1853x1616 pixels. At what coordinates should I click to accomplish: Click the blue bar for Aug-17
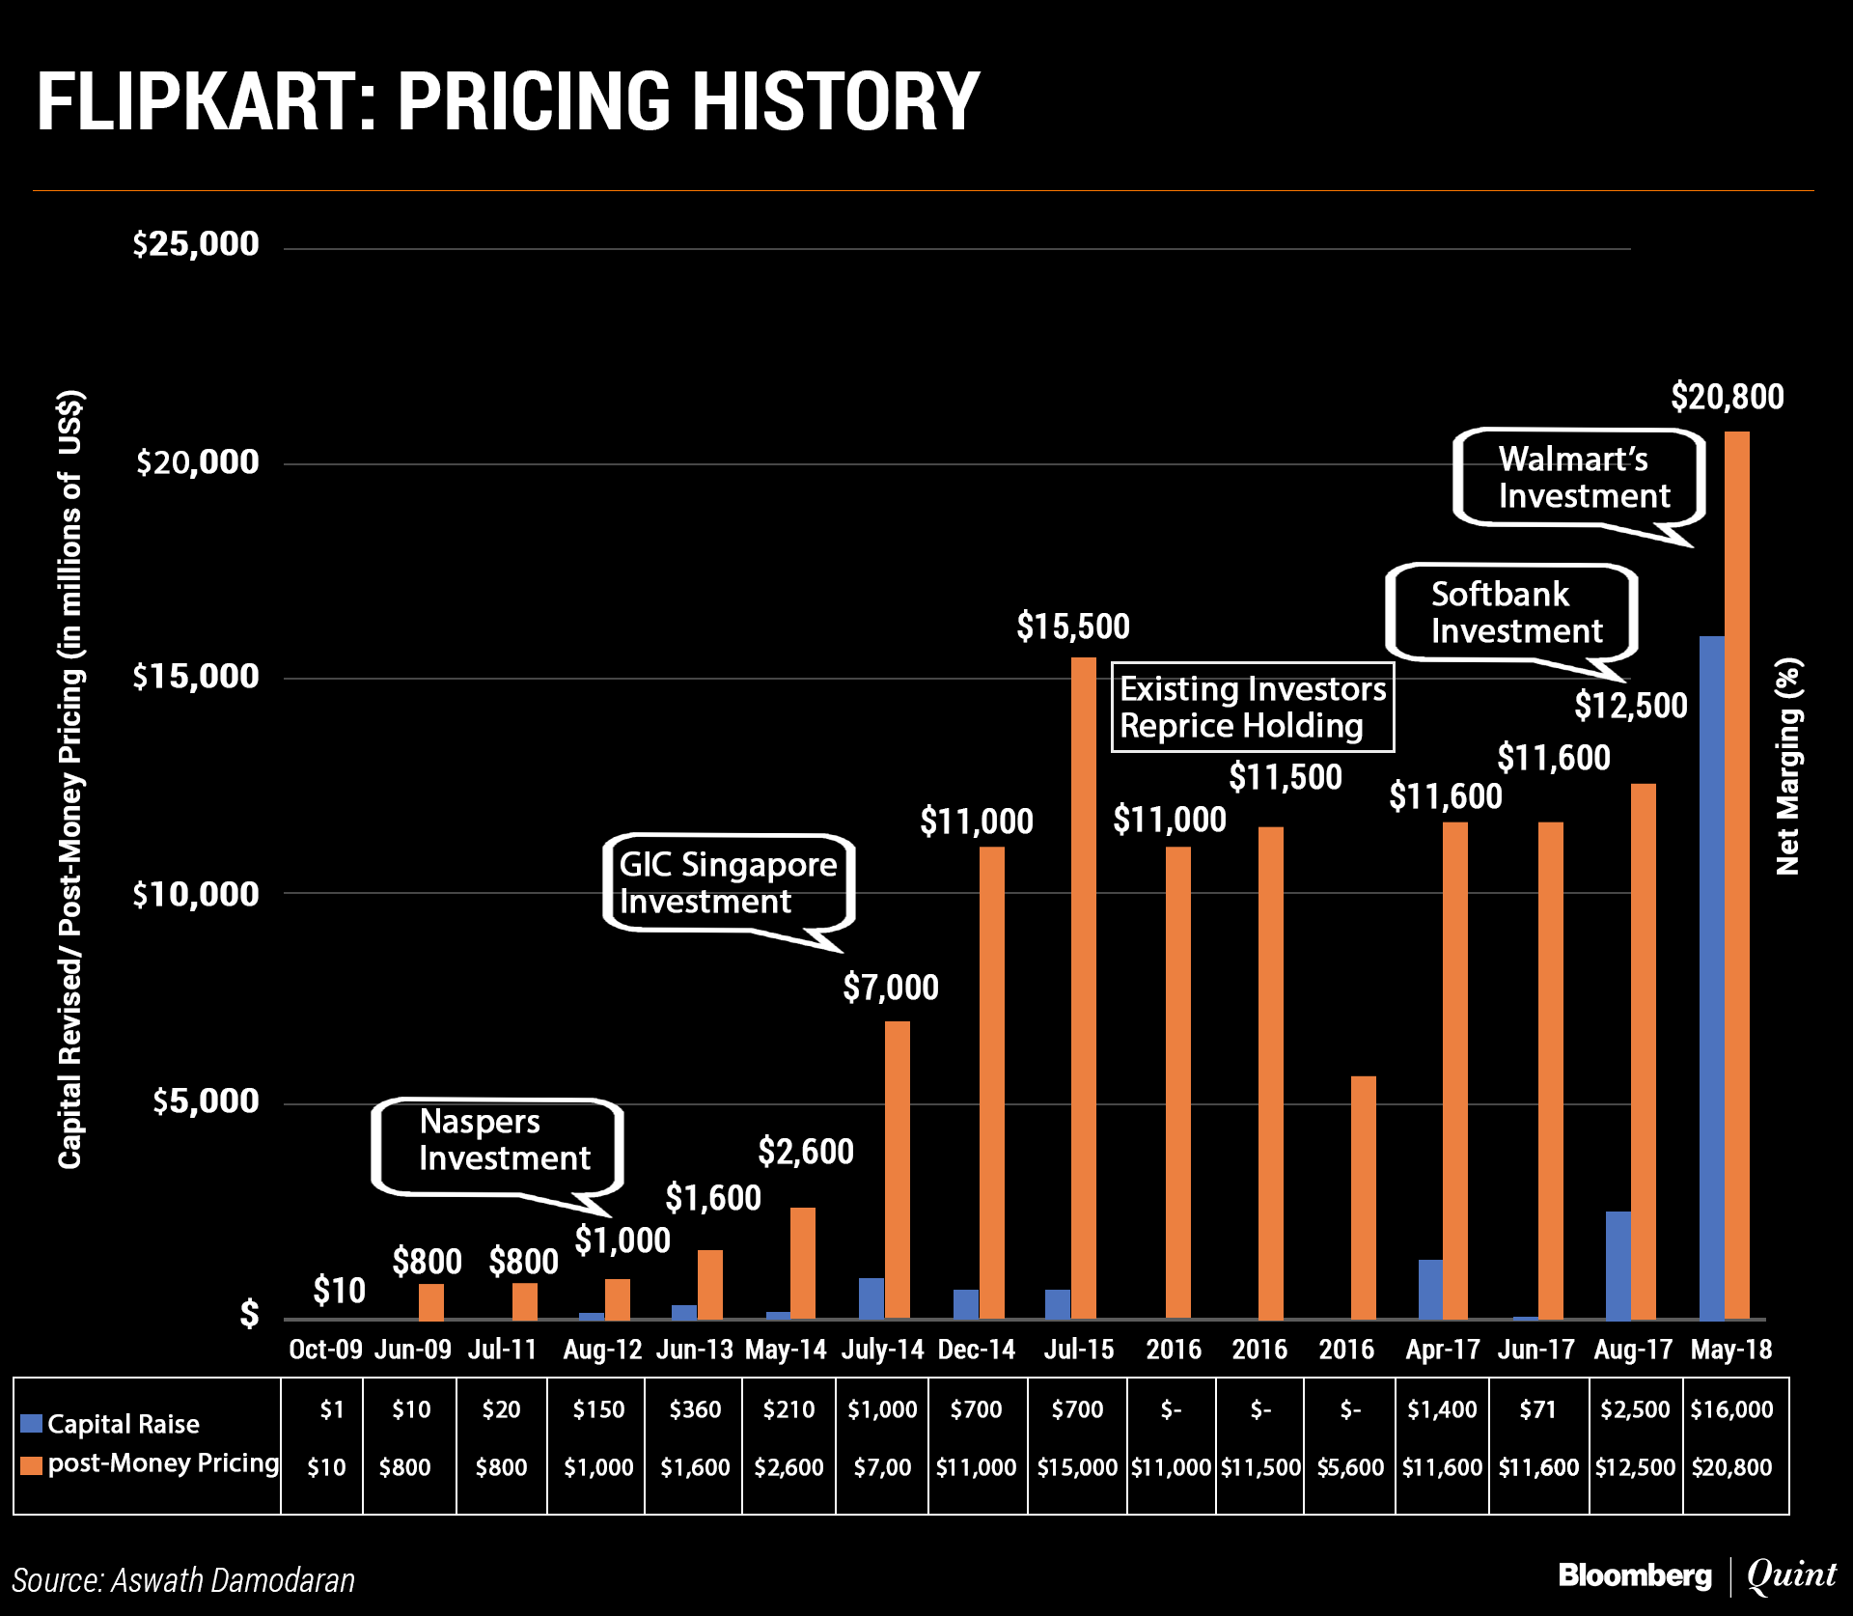[x=1618, y=1265]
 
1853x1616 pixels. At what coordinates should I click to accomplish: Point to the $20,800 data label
[x=1727, y=397]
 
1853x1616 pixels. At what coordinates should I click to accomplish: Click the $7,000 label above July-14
[x=890, y=988]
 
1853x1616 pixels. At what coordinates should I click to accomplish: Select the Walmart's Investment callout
[x=1579, y=478]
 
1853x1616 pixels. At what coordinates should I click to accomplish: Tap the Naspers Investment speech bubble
[x=498, y=1145]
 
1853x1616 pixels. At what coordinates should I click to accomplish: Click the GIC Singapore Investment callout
[x=728, y=882]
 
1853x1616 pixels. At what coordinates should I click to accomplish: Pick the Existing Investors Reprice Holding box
[x=1252, y=707]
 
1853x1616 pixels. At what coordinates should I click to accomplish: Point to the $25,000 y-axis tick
[x=196, y=244]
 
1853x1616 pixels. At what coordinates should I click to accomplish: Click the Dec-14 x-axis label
[x=977, y=1350]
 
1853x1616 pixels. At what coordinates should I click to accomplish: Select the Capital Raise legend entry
[x=111, y=1424]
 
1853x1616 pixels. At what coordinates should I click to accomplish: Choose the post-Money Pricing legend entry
[x=151, y=1463]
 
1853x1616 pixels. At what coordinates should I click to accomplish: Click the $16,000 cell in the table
[x=1731, y=1409]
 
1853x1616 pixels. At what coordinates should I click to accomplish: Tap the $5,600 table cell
[x=1349, y=1467]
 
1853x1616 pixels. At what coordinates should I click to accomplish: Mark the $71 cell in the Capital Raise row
[x=1537, y=1409]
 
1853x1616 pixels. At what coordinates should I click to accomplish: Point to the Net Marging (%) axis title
[x=1787, y=766]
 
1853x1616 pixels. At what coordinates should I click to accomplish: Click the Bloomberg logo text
[x=1635, y=1575]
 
